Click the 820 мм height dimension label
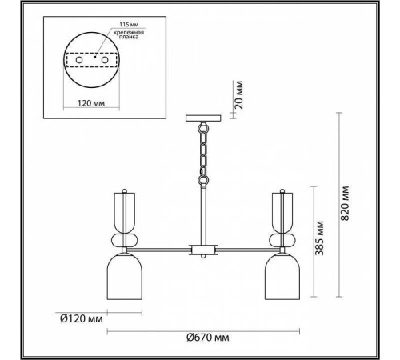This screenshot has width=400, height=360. tap(345, 203)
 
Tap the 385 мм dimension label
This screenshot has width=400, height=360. tap(319, 238)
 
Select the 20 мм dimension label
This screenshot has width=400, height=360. tap(239, 94)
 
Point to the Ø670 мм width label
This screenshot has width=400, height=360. tap(208, 338)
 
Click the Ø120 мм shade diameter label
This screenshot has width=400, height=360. tap(82, 318)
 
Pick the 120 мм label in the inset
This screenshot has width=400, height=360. tap(91, 103)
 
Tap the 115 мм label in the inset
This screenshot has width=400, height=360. tap(129, 25)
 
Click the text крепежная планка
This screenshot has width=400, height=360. tap(129, 34)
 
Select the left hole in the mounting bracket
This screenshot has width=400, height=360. tap(79, 60)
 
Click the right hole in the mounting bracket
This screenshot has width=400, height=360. tap(104, 60)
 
